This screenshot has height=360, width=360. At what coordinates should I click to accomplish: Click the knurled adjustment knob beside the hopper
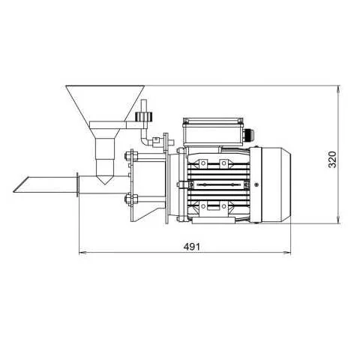point(142,117)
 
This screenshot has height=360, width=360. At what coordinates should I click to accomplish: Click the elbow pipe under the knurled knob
point(143,139)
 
